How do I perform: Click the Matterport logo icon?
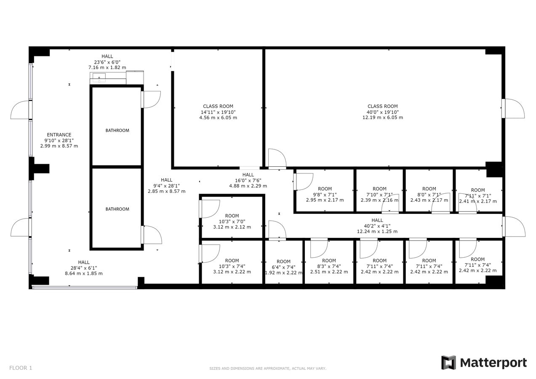tap(448, 363)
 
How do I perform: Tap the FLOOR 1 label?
tap(21, 368)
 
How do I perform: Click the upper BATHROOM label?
tap(117, 131)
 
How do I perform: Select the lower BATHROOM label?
tap(117, 209)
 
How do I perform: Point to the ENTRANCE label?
tap(59, 135)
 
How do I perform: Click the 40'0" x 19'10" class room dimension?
tap(382, 112)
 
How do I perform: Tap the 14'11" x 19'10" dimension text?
tap(218, 112)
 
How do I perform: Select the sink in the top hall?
tap(99, 76)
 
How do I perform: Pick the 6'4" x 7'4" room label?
tap(283, 267)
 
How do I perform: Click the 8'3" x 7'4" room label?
tap(329, 266)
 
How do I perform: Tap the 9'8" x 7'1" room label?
tap(325, 194)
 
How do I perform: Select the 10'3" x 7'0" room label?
tap(232, 221)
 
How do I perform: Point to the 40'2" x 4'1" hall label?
tap(377, 226)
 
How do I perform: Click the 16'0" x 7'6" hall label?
tap(248, 180)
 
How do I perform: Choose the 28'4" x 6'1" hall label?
tap(84, 268)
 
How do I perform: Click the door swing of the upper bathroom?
tap(152, 99)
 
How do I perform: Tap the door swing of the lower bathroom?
tap(152, 235)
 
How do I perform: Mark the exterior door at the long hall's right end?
tap(514, 227)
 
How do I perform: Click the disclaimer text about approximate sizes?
tap(268, 368)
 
